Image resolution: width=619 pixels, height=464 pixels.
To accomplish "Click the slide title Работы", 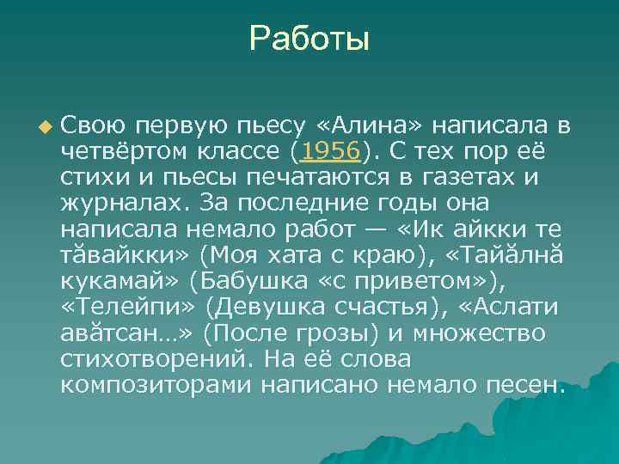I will pyautogui.click(x=309, y=40).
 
